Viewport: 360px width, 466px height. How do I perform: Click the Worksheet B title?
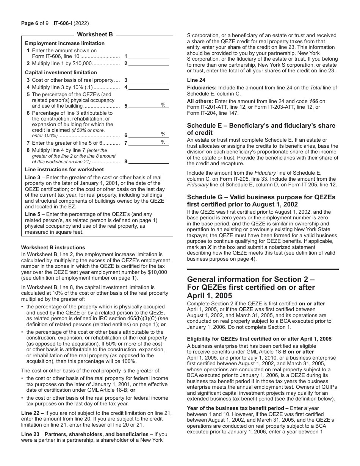(95, 34)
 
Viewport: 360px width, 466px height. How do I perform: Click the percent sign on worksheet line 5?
(163, 105)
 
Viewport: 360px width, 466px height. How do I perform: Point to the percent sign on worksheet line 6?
(163, 134)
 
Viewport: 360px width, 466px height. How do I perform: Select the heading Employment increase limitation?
(65, 43)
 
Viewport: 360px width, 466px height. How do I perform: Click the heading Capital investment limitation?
(61, 72)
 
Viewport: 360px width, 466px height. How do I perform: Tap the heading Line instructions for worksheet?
(64, 169)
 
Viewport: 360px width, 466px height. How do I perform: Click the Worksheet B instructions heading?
(53, 247)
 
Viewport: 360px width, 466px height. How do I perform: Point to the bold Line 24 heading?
(196, 80)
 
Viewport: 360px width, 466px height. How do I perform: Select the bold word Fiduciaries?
(202, 88)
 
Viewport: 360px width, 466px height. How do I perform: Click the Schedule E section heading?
(261, 129)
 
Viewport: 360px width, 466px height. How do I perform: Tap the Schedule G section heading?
(261, 201)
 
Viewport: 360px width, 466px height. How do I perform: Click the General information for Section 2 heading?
(251, 287)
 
